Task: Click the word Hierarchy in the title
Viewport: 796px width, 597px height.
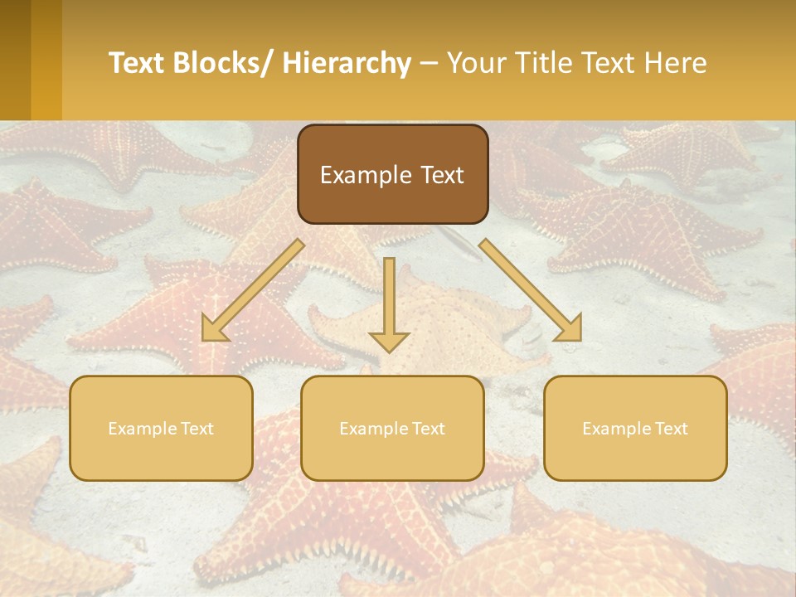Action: (x=347, y=63)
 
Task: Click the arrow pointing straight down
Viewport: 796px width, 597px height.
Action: (x=389, y=298)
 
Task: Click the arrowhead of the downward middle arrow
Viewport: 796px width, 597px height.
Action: (x=389, y=341)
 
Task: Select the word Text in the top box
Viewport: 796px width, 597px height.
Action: (x=440, y=175)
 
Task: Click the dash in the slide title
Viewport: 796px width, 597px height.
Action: (x=429, y=64)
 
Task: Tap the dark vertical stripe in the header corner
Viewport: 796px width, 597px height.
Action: (x=15, y=60)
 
